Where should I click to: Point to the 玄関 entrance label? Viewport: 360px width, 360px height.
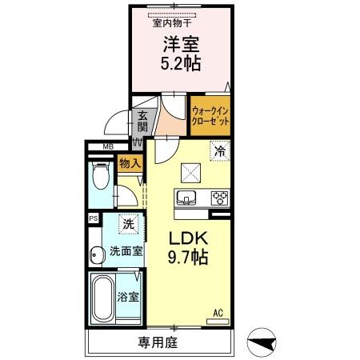click(x=142, y=120)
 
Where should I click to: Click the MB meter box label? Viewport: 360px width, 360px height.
click(x=107, y=146)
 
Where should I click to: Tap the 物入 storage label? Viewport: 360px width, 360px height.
click(x=129, y=164)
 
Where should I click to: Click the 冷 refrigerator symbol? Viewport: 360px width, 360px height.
click(x=218, y=149)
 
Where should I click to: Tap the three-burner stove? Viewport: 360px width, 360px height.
click(x=218, y=198)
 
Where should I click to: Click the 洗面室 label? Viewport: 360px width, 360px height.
click(x=126, y=250)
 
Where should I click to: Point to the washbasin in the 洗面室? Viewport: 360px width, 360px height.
click(x=96, y=254)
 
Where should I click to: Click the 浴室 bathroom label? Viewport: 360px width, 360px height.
click(x=128, y=297)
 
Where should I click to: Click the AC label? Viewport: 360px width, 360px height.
click(x=217, y=313)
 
